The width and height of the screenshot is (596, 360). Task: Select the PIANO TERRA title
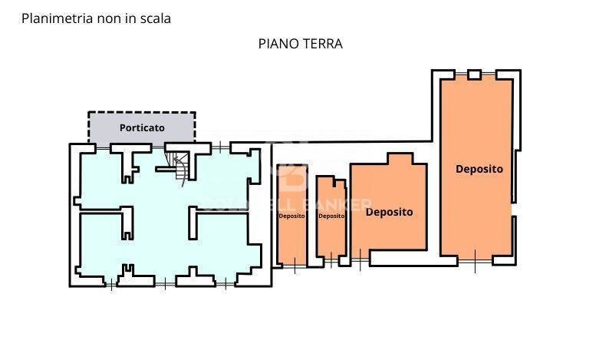pyautogui.click(x=300, y=44)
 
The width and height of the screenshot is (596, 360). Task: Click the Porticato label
pyautogui.click(x=142, y=127)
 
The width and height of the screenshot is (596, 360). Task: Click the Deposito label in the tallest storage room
pyautogui.click(x=479, y=168)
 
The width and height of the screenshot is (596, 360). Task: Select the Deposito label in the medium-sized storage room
pyautogui.click(x=389, y=212)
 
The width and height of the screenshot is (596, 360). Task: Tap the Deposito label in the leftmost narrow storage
pyautogui.click(x=291, y=216)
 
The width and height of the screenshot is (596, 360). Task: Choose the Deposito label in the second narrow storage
pyautogui.click(x=331, y=216)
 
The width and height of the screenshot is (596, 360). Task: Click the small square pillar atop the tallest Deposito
pyautogui.click(x=474, y=74)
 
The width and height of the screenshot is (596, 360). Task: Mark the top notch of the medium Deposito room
pyautogui.click(x=399, y=158)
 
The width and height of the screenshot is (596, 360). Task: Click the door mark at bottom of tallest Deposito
pyautogui.click(x=475, y=260)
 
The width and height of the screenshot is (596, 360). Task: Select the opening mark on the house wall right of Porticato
pyautogui.click(x=221, y=145)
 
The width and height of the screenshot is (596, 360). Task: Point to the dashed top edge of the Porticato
pyautogui.click(x=142, y=113)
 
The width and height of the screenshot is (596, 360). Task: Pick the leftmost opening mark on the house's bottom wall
pyautogui.click(x=113, y=284)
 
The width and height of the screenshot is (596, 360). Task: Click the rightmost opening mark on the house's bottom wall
pyautogui.click(x=226, y=284)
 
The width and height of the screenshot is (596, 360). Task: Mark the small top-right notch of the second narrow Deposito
pyautogui.click(x=340, y=183)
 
